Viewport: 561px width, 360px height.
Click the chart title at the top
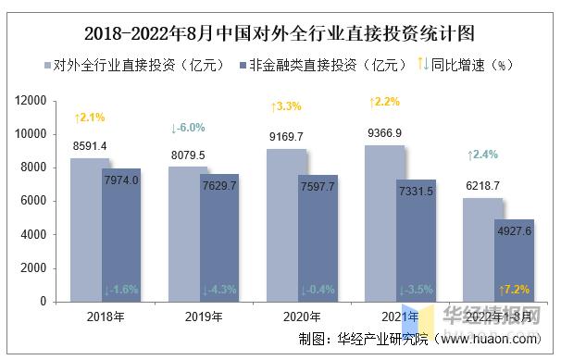tap(280, 35)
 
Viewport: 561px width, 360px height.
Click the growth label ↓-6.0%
tap(188, 128)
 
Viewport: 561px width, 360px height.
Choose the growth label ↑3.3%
tap(285, 107)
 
